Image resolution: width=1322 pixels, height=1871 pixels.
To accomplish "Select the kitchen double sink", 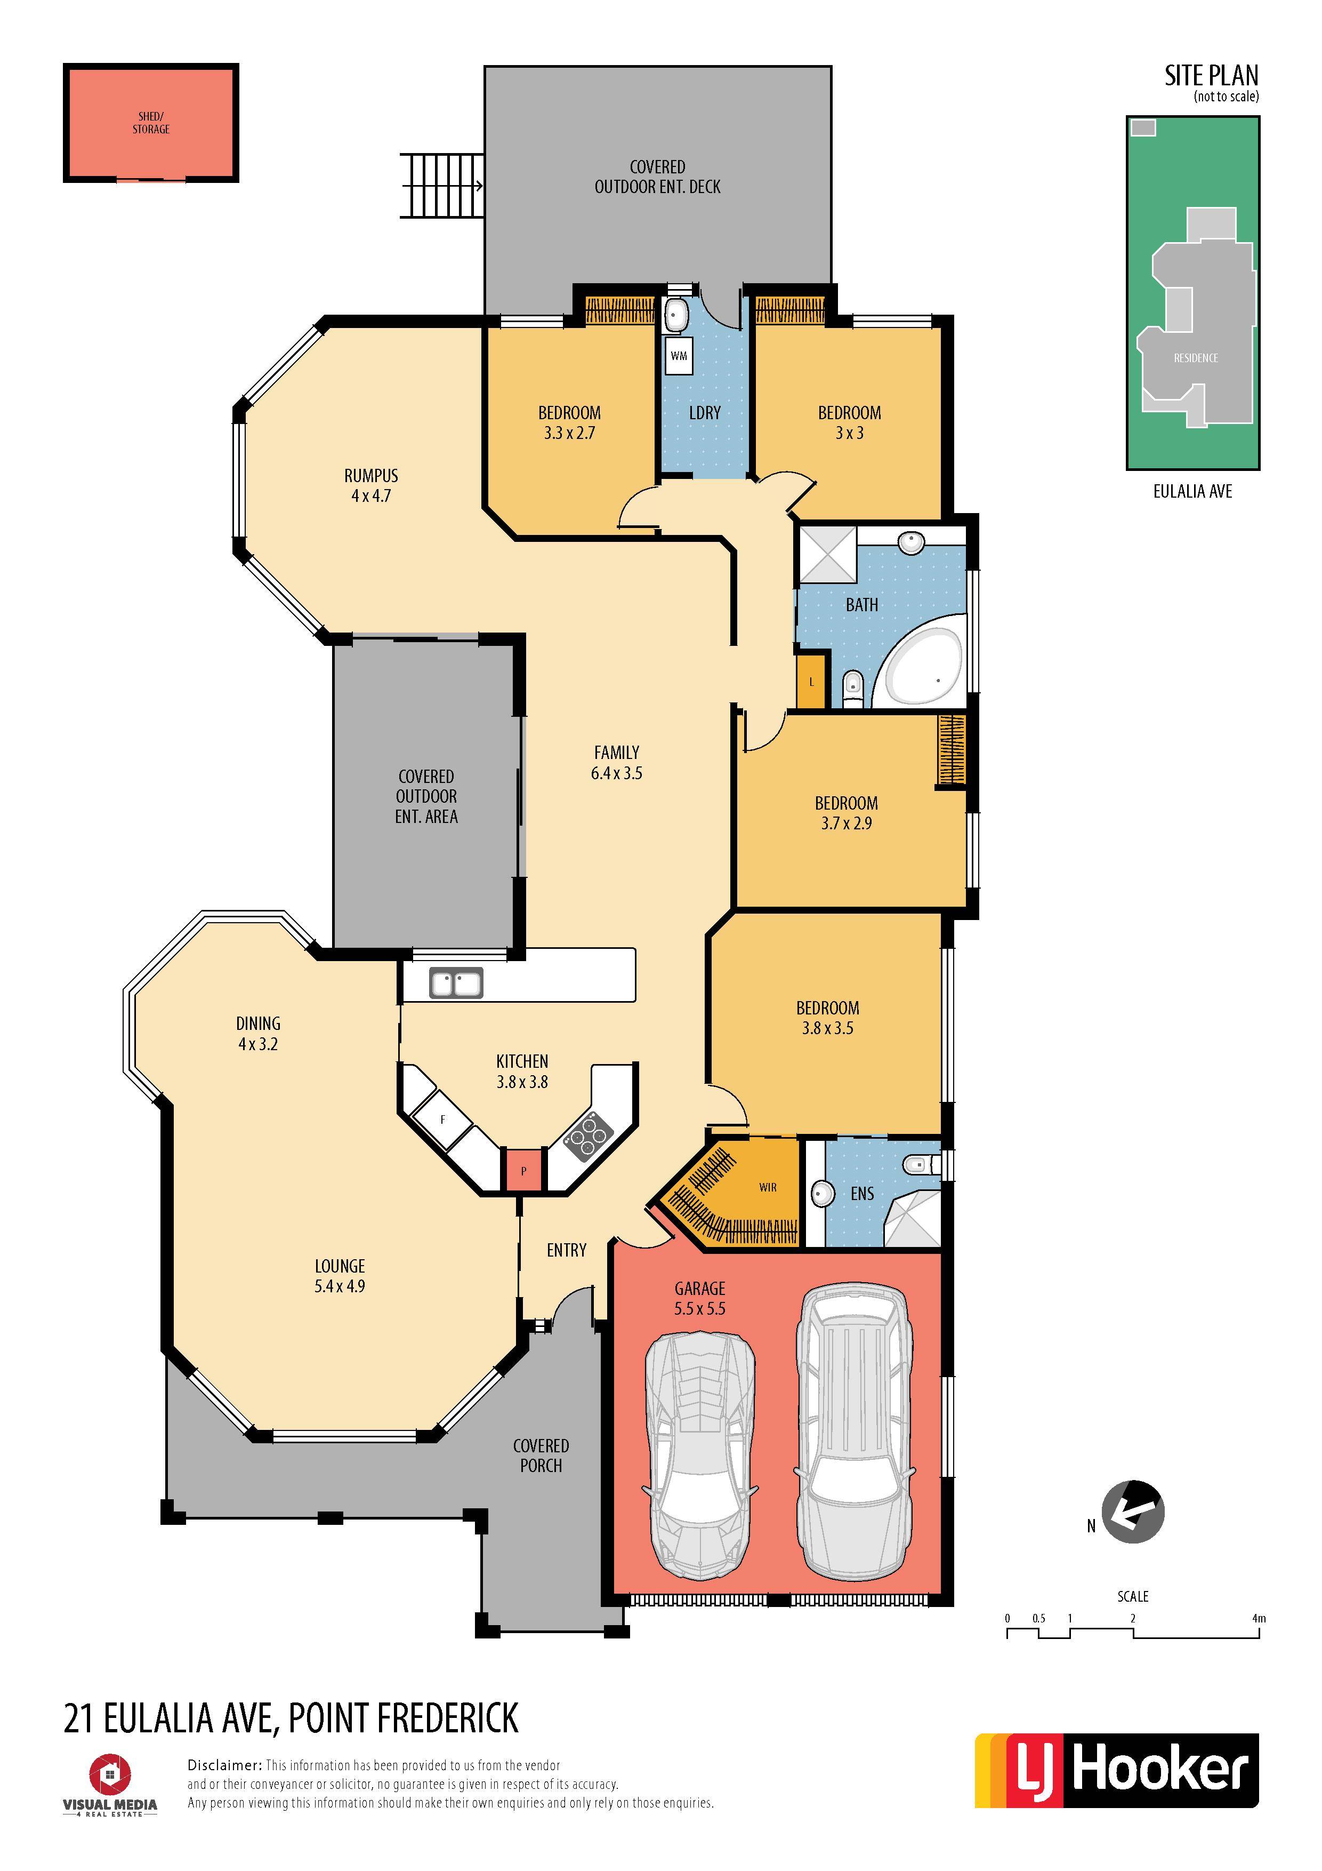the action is (x=456, y=983).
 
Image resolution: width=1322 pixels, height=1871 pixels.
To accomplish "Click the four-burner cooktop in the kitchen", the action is (x=588, y=1136).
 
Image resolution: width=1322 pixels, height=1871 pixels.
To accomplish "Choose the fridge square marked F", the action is (x=443, y=1121).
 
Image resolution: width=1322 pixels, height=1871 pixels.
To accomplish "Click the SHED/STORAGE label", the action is (x=151, y=123).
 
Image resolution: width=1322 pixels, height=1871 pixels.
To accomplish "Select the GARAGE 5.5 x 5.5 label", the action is (x=700, y=1298).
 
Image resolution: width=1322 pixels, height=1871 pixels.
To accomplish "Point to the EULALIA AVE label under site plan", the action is (x=1192, y=491).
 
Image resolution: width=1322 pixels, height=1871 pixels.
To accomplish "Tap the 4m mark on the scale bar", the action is (x=1259, y=1618).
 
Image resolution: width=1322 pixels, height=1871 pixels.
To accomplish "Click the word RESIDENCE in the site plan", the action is (x=1196, y=358).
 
